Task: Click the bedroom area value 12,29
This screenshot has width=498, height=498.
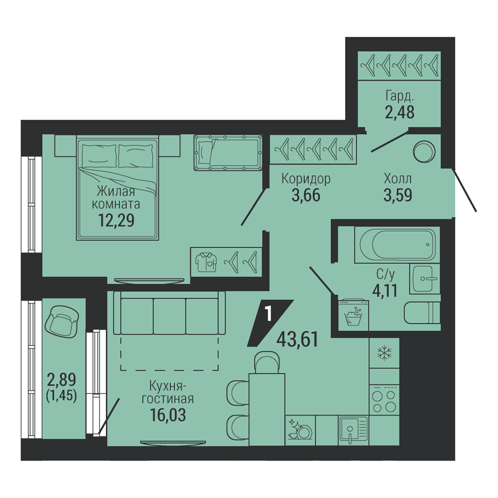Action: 116,221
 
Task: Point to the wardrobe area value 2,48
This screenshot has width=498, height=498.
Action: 400,112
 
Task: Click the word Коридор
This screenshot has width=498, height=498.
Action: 306,178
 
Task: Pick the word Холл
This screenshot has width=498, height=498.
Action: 398,178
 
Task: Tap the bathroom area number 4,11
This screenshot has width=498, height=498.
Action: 385,291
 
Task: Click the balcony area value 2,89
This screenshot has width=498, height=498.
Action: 61,380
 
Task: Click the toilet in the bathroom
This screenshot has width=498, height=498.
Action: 422,313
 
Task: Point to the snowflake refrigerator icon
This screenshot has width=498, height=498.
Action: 384,352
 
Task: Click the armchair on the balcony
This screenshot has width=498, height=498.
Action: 62,321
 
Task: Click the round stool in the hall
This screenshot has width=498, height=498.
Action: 424,151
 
